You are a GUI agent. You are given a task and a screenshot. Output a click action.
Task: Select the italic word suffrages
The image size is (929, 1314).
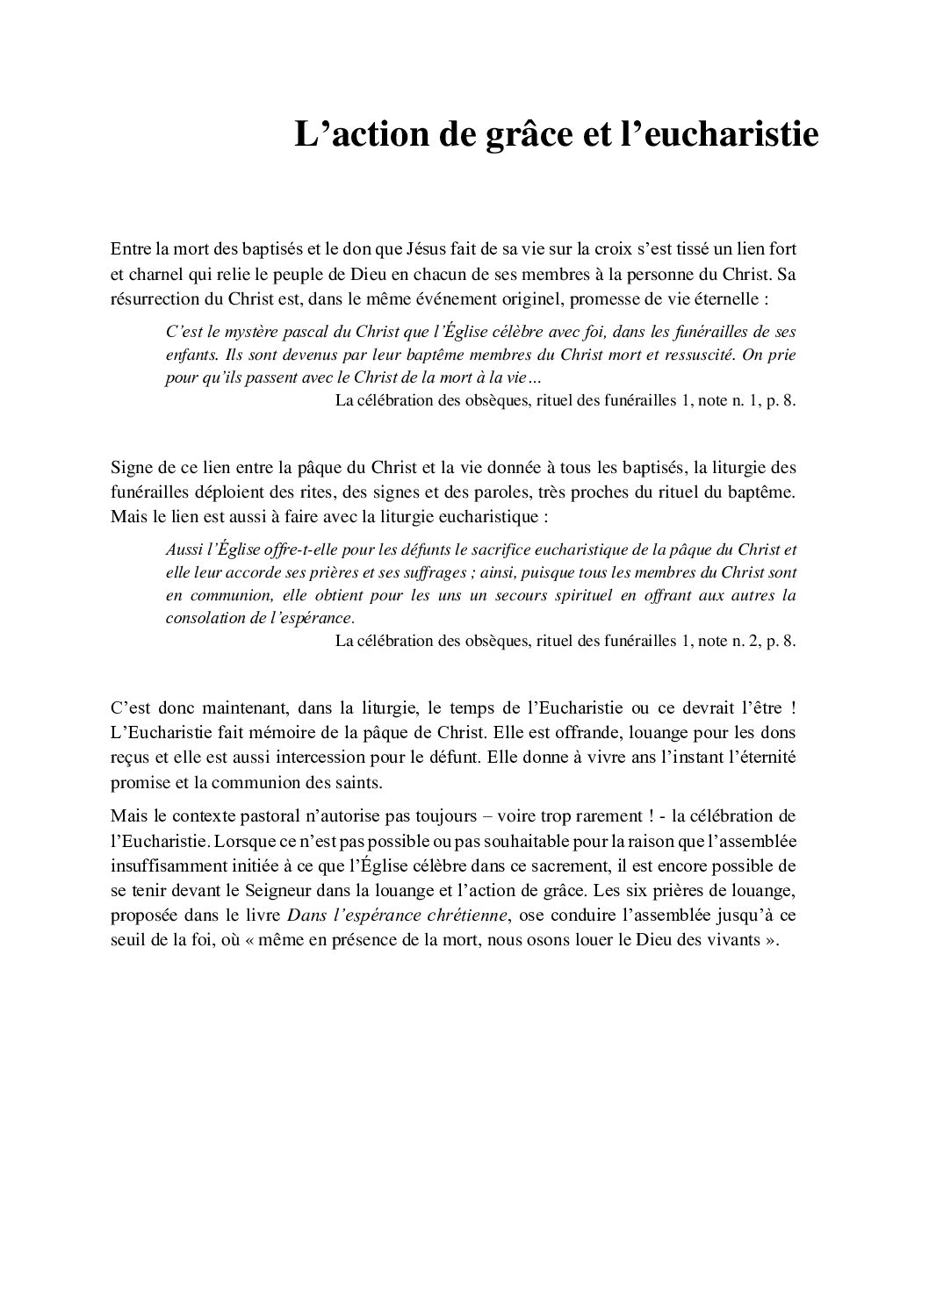pos(436,573)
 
